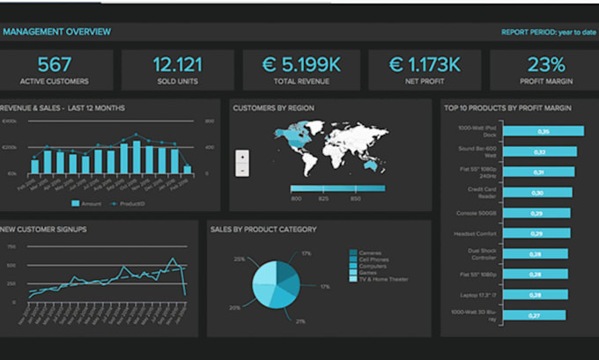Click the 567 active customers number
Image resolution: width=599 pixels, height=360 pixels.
[x=55, y=64]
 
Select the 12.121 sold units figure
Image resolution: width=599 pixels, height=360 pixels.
[x=177, y=64]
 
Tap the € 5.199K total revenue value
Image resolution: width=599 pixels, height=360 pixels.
[x=299, y=64]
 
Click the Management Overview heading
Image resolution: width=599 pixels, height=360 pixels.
[x=56, y=33]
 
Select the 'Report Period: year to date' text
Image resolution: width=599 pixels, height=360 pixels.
[x=549, y=33]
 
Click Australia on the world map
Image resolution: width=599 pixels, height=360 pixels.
[x=373, y=165]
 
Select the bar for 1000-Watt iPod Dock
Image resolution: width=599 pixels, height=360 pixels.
[x=544, y=131]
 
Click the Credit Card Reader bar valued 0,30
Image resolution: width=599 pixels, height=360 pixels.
[x=536, y=191]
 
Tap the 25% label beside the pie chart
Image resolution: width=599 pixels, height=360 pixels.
[x=239, y=260]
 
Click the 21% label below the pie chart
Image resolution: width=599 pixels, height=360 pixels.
[x=300, y=321]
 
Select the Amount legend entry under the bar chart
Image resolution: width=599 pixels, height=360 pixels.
[x=87, y=204]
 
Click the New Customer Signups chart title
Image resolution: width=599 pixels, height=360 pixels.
[x=43, y=229]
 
